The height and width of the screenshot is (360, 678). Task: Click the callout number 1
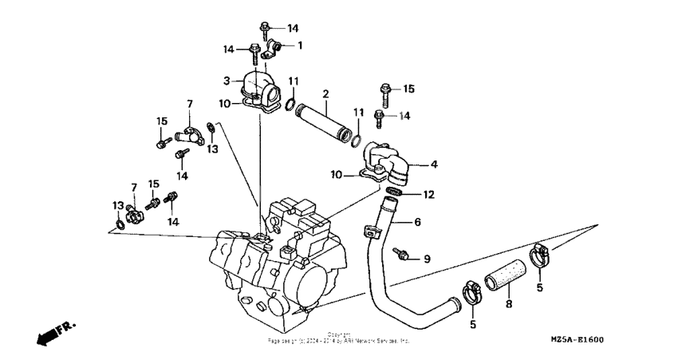click(x=301, y=45)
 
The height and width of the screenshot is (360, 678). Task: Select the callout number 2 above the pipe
click(x=325, y=94)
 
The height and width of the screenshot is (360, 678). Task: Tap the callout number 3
click(x=227, y=81)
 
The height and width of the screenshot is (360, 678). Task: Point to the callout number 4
click(x=435, y=165)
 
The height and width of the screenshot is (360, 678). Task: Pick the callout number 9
click(x=427, y=259)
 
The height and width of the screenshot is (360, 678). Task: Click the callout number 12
click(x=428, y=194)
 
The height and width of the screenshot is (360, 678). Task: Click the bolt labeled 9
click(x=404, y=255)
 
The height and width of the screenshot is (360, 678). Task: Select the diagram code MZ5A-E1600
click(x=577, y=339)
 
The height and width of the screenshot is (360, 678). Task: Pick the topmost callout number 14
click(x=293, y=28)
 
